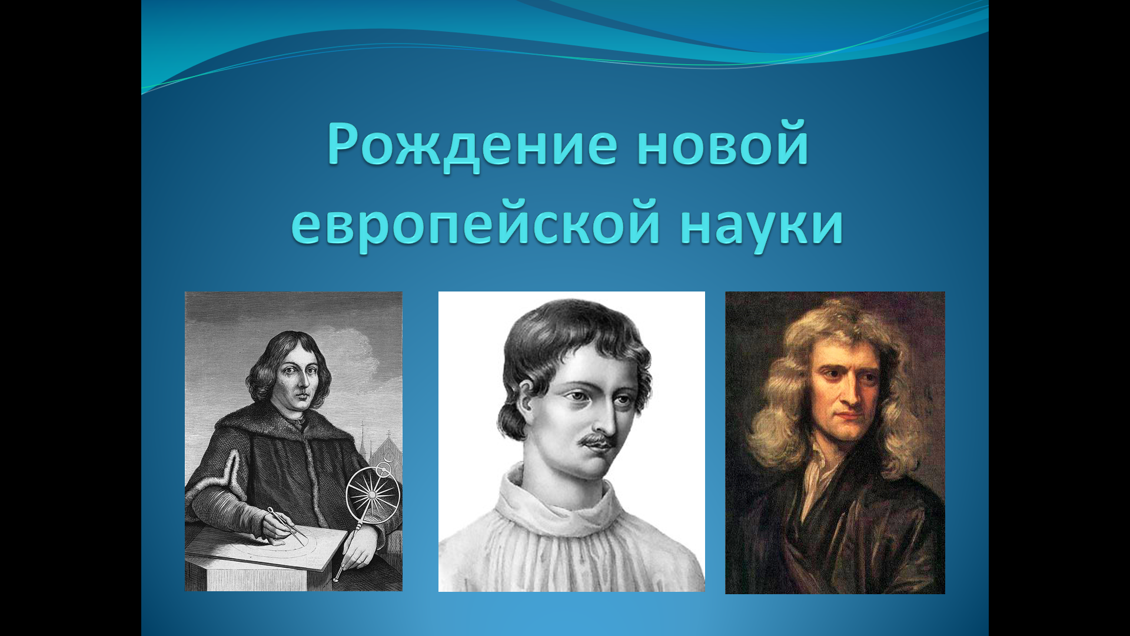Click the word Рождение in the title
(x=472, y=144)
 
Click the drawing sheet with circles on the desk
(x=277, y=548)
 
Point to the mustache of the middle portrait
(x=596, y=440)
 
